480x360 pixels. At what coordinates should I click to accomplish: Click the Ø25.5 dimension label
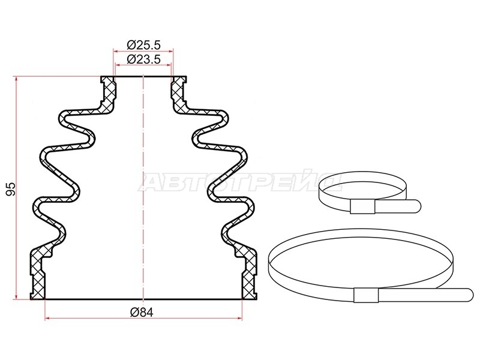point(143,46)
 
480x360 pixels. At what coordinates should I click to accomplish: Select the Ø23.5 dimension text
point(143,59)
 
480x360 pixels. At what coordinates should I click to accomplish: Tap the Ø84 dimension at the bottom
point(142,312)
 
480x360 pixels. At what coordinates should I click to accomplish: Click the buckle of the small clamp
point(362,207)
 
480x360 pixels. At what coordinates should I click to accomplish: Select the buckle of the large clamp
point(366,295)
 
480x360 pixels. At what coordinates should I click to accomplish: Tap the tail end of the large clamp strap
point(469,295)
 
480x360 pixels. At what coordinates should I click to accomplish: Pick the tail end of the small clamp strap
point(417,206)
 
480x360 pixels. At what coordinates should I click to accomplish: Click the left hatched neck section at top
point(109,92)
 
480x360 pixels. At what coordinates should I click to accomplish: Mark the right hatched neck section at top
point(178,92)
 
